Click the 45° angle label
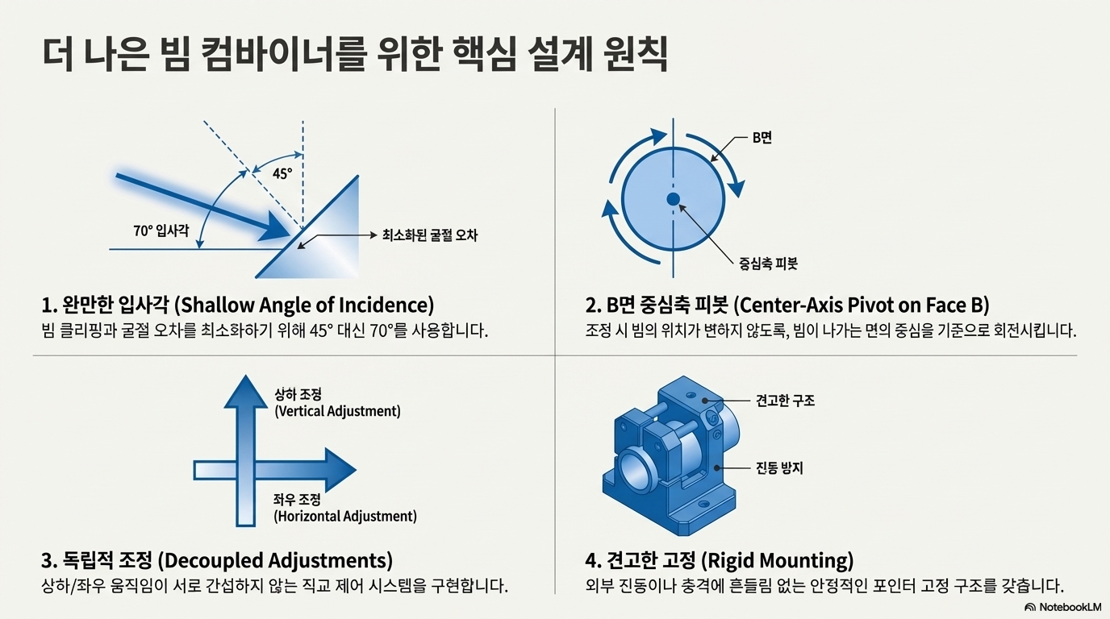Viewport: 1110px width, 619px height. pyautogui.click(x=282, y=173)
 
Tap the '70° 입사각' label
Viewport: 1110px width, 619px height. pyautogui.click(x=161, y=231)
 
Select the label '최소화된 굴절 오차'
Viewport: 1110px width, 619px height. pyautogui.click(x=429, y=235)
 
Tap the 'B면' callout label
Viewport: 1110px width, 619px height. pyautogui.click(x=762, y=138)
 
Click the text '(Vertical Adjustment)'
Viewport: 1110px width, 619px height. pyautogui.click(x=337, y=411)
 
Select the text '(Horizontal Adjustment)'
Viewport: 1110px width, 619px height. pyautogui.click(x=345, y=516)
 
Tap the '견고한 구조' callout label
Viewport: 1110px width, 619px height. pyautogui.click(x=785, y=401)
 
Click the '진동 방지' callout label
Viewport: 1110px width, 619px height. pyautogui.click(x=779, y=467)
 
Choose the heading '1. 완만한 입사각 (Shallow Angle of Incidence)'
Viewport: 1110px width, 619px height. pyautogui.click(x=237, y=305)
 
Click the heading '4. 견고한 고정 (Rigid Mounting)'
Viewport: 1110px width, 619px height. pyautogui.click(x=719, y=559)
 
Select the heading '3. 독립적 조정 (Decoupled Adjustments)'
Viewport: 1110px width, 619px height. pyautogui.click(x=216, y=559)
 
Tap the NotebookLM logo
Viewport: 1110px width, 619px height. pyautogui.click(x=1062, y=607)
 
